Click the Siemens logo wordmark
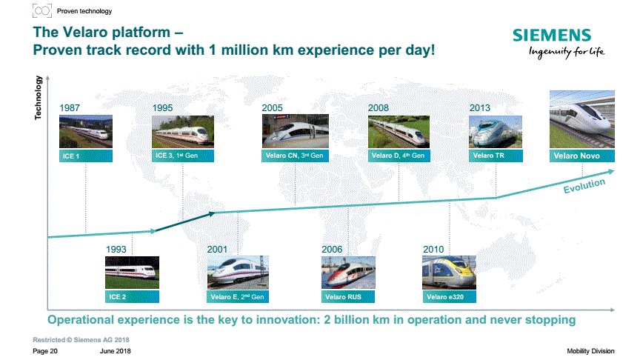pos(551,35)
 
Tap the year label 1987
pos(70,107)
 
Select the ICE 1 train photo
pos(86,131)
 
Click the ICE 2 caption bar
pos(132,297)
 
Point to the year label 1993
pos(116,250)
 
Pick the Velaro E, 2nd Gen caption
pos(238,297)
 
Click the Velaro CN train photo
pos(295,131)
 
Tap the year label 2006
pos(332,250)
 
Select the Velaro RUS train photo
pos(348,273)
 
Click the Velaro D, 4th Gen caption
pos(399,156)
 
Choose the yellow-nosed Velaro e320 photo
pos(449,273)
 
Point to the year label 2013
pos(479,107)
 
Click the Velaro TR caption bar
pos(496,156)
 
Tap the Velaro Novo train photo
pos(582,119)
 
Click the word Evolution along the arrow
pos(584,186)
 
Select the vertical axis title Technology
pos(38,98)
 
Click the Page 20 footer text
pos(45,351)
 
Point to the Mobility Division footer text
pos(590,351)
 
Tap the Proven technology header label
pos(84,11)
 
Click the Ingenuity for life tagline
pos(567,52)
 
